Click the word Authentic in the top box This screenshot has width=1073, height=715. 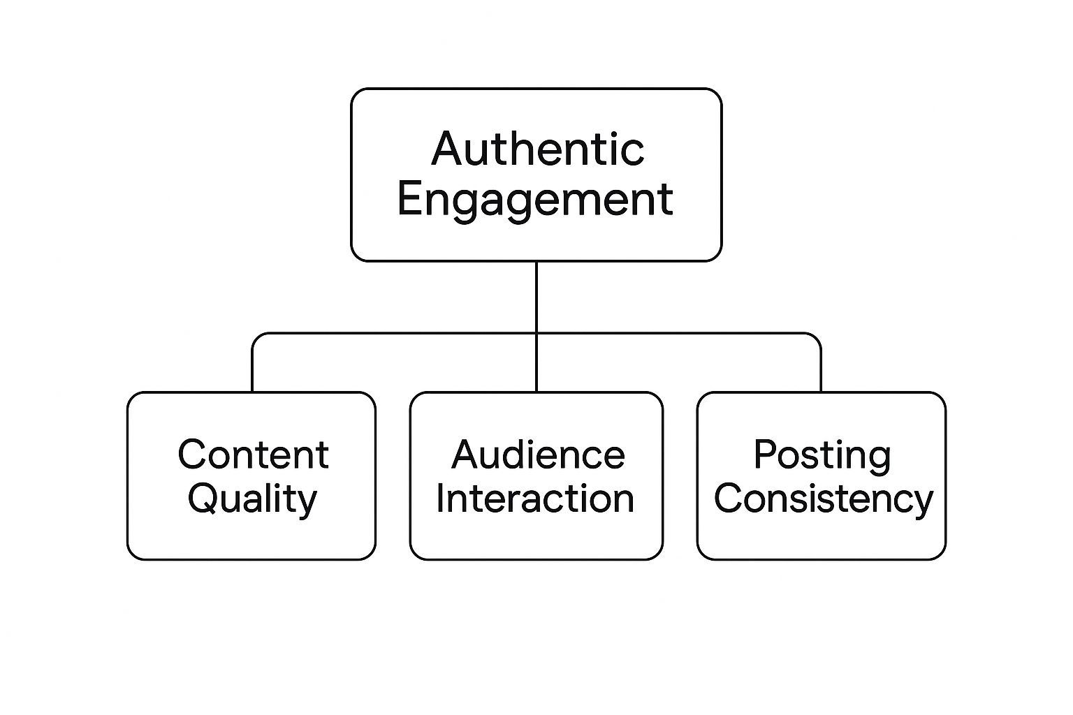click(x=537, y=149)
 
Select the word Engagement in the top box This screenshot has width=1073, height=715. click(x=536, y=201)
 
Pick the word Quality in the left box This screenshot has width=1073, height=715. click(x=252, y=501)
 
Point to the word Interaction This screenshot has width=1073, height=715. click(x=535, y=498)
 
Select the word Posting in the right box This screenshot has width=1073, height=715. click(x=822, y=457)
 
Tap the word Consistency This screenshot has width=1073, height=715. click(x=824, y=501)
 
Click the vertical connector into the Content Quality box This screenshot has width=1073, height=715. click(x=252, y=369)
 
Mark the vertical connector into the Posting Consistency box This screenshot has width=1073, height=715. click(x=821, y=369)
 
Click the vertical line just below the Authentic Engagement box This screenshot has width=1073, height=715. click(x=536, y=297)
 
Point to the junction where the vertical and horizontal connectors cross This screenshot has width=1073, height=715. click(x=536, y=333)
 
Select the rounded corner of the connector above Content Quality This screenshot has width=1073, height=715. click(x=256, y=337)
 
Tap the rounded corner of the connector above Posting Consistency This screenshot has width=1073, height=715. click(x=817, y=337)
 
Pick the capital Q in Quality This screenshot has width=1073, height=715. click(x=205, y=499)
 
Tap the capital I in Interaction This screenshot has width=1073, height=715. click(x=439, y=498)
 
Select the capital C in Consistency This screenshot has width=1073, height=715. click(x=729, y=498)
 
